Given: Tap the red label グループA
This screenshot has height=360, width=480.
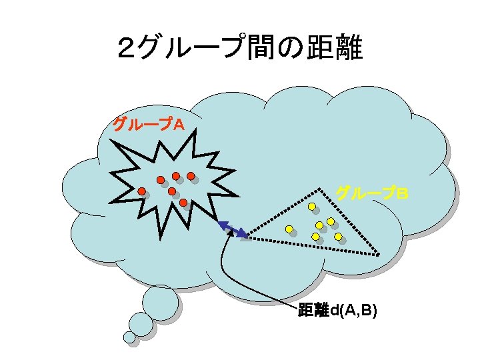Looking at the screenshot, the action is pos(148,124).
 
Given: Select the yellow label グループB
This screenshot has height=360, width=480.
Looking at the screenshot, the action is pos(371,193).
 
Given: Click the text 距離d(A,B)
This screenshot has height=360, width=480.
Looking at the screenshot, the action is pos(337,310).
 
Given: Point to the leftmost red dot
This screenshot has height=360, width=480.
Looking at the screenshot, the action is pos(142,191).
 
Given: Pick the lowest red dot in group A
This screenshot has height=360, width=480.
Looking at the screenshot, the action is pos(183,202).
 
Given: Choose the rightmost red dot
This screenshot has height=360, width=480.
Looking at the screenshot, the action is pos(191,177).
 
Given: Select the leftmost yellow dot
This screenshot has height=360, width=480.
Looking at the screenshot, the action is pos(289,229).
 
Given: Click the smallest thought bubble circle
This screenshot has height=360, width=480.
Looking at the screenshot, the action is pos(129,337).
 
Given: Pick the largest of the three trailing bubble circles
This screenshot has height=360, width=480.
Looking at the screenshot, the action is pos(161,302).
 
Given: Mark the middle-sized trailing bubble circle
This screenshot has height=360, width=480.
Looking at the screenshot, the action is pos(141,324).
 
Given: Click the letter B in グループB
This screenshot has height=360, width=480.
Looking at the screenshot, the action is pos(402,193).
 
